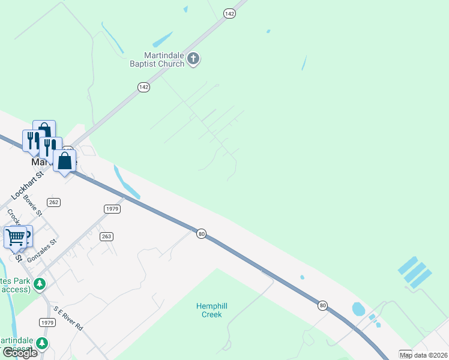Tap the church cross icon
tap(193, 59)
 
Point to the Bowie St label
tap(32, 205)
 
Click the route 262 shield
tap(54, 202)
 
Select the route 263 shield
tap(106, 236)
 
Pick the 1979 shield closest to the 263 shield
tap(112, 209)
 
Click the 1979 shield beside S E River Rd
tap(47, 322)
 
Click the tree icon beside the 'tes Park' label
tap(40, 283)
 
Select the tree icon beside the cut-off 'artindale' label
tap(42, 343)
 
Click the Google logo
tap(20, 353)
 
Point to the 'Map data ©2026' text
tap(424, 355)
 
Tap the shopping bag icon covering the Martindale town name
tap(65, 161)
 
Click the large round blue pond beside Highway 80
tap(358, 309)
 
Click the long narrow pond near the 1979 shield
tap(127, 181)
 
